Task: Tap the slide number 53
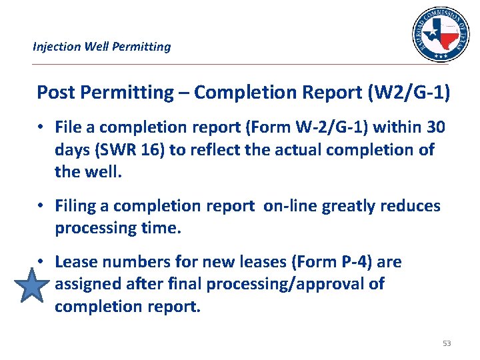[447, 343]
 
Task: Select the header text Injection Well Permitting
[102, 47]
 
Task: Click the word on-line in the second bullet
[291, 206]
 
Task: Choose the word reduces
[413, 206]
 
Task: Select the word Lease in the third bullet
[76, 262]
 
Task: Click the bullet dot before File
[41, 127]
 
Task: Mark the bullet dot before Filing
[41, 206]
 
